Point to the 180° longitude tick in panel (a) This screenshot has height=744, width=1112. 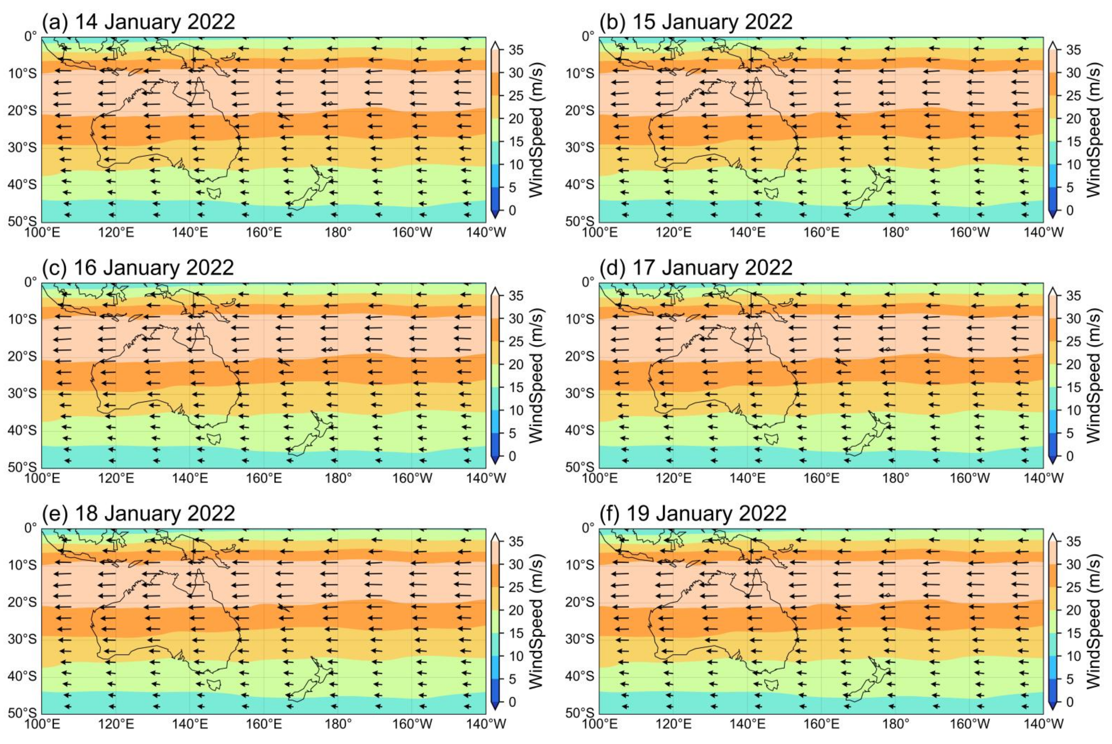click(338, 233)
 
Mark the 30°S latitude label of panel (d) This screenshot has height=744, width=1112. click(579, 393)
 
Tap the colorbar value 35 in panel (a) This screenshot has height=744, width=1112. click(516, 50)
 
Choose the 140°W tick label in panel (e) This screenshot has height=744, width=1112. click(486, 724)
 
